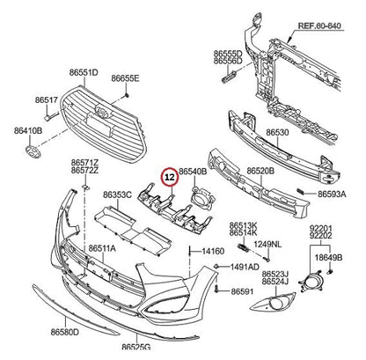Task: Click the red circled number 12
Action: pos(171,177)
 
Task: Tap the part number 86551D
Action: pos(84,72)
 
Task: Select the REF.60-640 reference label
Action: pos(319,26)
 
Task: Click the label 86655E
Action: pos(125,78)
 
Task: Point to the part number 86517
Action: pos(47,99)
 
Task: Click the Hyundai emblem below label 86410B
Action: pos(33,151)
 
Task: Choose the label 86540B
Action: pos(193,172)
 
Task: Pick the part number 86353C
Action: pos(117,195)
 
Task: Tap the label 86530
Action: pos(277,133)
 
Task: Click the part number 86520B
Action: pos(260,171)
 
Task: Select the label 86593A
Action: pos(332,194)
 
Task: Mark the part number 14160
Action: pos(213,251)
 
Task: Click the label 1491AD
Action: pos(245,267)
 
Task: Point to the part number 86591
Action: pos(242,291)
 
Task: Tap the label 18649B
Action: pos(328,258)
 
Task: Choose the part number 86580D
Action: pos(65,332)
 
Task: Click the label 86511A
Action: pos(102,249)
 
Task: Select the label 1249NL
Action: pos(267,244)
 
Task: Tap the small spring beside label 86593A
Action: pos(300,191)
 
